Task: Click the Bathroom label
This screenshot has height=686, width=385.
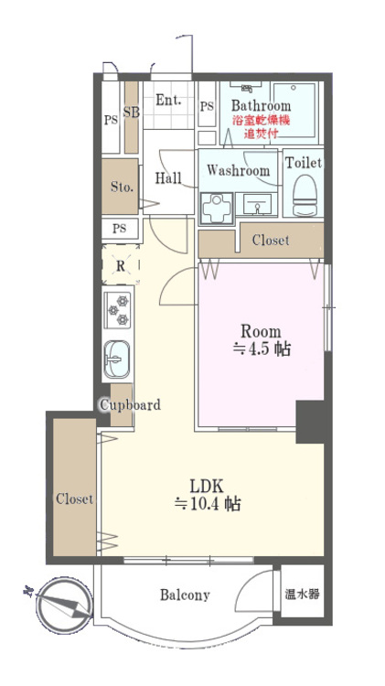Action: pyautogui.click(x=261, y=106)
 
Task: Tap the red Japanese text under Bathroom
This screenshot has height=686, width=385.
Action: pyautogui.click(x=261, y=126)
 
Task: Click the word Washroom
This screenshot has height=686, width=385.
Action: pyautogui.click(x=238, y=171)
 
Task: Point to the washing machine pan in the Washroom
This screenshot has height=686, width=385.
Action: pyautogui.click(x=216, y=206)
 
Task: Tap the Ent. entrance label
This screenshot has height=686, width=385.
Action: pyautogui.click(x=168, y=100)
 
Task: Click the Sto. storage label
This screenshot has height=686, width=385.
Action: pyautogui.click(x=122, y=187)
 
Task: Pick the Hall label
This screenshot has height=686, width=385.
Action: pyautogui.click(x=167, y=178)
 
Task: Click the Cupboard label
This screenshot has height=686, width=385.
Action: pyautogui.click(x=130, y=405)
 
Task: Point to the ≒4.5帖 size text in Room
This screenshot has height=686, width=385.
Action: pyautogui.click(x=261, y=348)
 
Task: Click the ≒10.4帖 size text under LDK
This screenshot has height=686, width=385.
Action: pyautogui.click(x=208, y=504)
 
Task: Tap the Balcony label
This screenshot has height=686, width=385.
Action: pyautogui.click(x=185, y=595)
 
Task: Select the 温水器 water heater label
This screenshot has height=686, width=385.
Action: pyautogui.click(x=302, y=595)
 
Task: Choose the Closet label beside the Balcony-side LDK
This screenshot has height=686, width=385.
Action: pyautogui.click(x=74, y=499)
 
